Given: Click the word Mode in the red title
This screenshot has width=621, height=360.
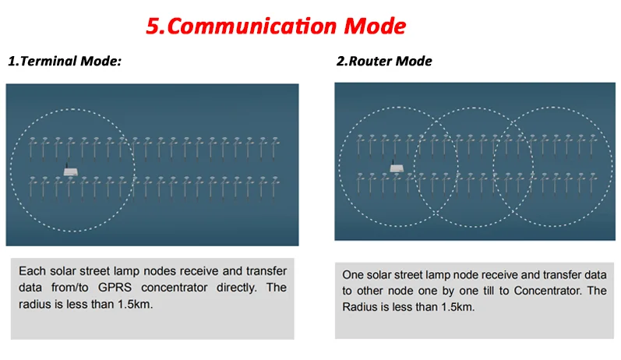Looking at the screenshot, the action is (x=376, y=26).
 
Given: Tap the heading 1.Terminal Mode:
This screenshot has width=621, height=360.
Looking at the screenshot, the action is (x=65, y=62).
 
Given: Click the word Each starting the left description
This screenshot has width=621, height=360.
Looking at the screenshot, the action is (x=33, y=271).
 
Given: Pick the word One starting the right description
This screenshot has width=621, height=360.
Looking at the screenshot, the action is (x=355, y=275).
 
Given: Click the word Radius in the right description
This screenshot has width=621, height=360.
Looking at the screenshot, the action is (x=362, y=307).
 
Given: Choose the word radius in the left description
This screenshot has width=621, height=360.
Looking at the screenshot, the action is (x=36, y=304).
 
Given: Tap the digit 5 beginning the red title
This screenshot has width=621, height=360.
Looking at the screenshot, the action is (x=153, y=26).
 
